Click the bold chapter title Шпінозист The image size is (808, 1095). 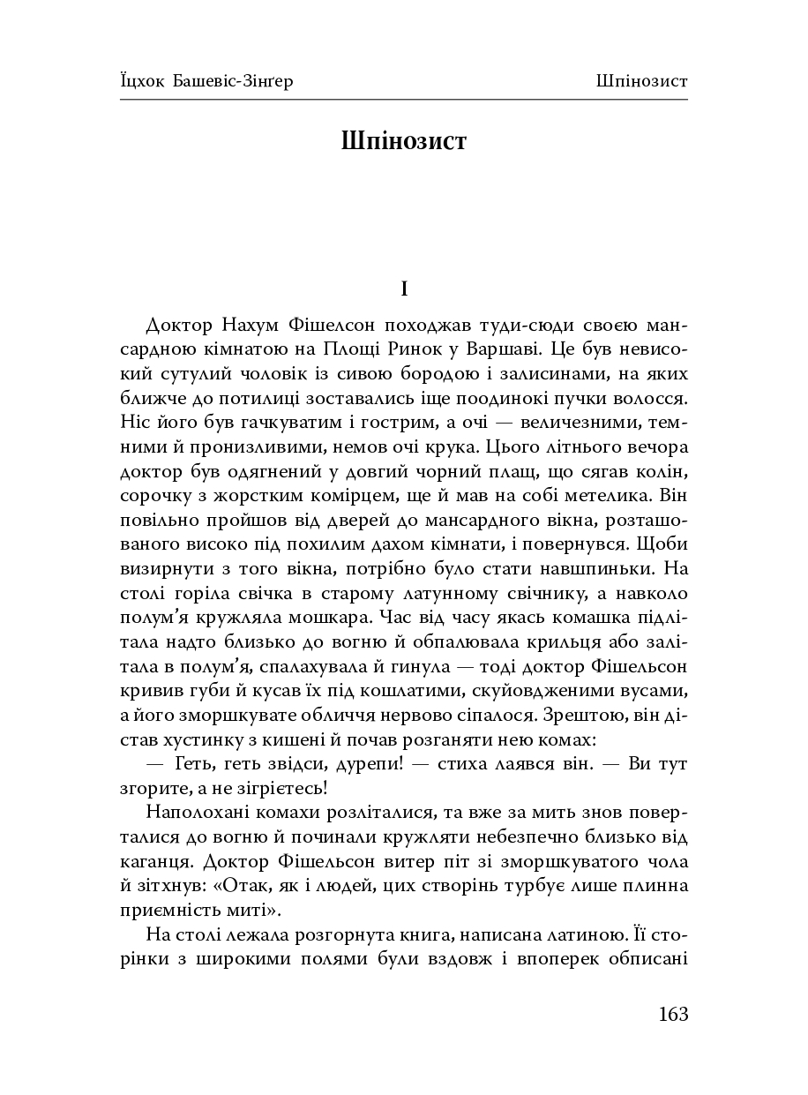tap(403, 142)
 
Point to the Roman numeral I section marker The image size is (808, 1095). tap(403, 289)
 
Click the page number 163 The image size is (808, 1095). tap(672, 1014)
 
